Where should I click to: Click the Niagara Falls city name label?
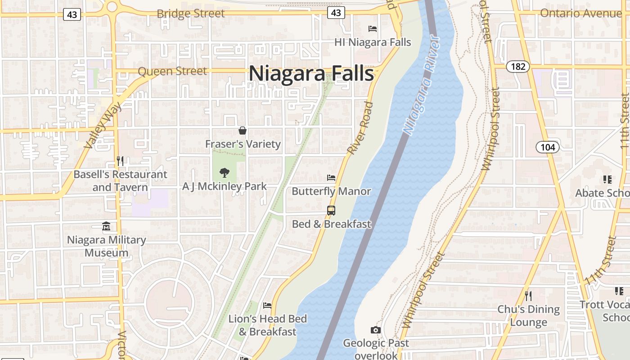tap(311, 73)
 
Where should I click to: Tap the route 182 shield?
tap(518, 67)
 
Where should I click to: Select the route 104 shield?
tap(547, 147)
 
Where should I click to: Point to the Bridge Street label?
tap(190, 13)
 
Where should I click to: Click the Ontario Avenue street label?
tap(580, 13)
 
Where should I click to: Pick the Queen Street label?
tap(172, 71)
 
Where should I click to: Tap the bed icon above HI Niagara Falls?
tap(373, 29)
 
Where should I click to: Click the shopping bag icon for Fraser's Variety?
tap(243, 131)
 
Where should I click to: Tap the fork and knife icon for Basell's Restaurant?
tap(120, 161)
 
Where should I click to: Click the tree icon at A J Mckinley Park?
tap(224, 173)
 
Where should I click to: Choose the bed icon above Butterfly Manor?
tap(331, 178)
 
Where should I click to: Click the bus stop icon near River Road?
tap(331, 210)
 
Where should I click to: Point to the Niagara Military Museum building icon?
tap(106, 226)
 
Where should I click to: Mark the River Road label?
tap(360, 128)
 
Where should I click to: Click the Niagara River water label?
tap(421, 90)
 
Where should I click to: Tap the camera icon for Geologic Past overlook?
tap(376, 330)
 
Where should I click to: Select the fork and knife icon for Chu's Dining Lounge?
tap(528, 296)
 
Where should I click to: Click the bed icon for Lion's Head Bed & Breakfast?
tap(267, 306)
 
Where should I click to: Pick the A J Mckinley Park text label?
tap(224, 186)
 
